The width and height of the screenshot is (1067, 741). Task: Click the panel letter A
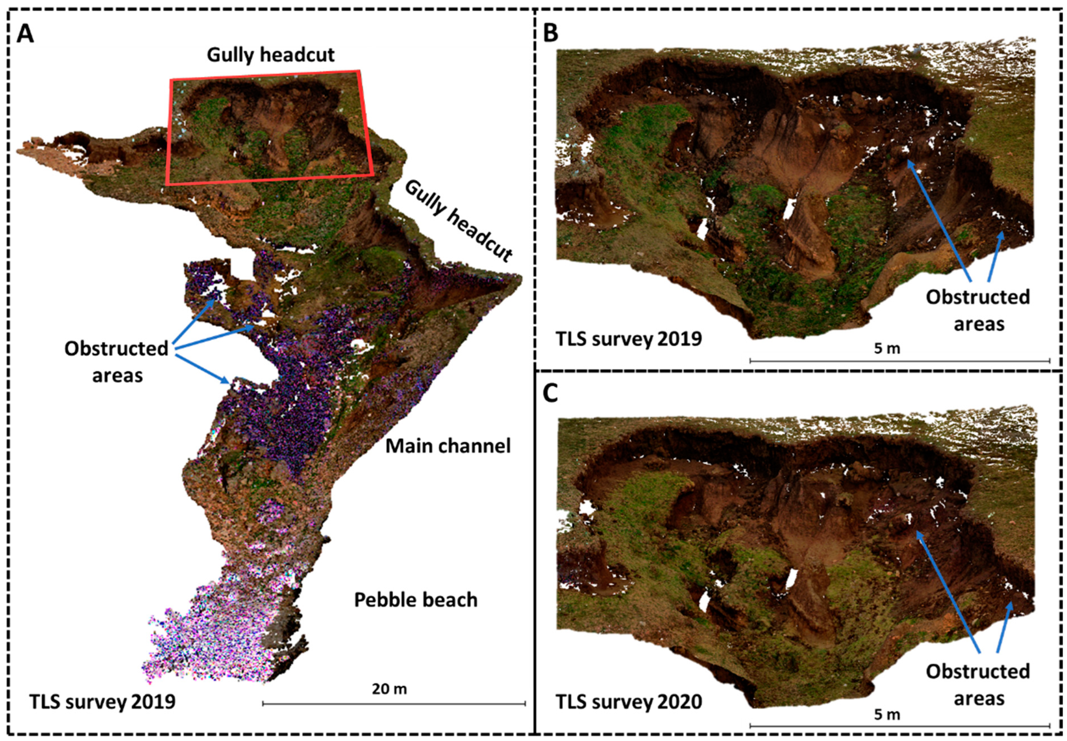pyautogui.click(x=25, y=34)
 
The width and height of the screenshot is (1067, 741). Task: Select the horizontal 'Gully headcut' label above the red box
pyautogui.click(x=271, y=55)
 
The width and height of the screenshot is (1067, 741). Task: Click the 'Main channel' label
pyautogui.click(x=448, y=446)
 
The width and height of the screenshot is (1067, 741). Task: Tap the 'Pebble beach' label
pyautogui.click(x=416, y=600)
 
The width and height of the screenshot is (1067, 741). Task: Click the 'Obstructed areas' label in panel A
pyautogui.click(x=117, y=361)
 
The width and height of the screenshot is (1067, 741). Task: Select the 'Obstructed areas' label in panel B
pyautogui.click(x=978, y=310)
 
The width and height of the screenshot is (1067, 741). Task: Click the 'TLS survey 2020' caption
pyautogui.click(x=629, y=714)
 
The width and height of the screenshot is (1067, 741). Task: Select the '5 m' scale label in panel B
pyautogui.click(x=887, y=348)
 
